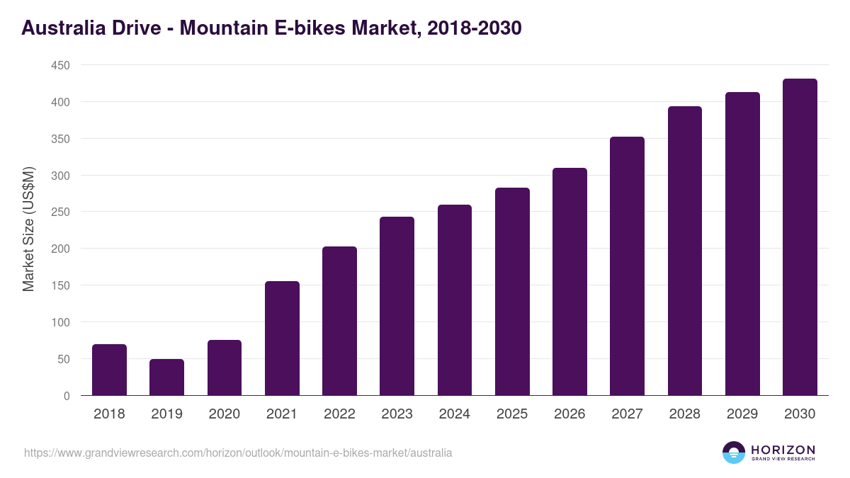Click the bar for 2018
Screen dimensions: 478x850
point(109,370)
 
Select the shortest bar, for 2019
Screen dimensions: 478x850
point(166,377)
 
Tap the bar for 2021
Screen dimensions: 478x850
point(282,338)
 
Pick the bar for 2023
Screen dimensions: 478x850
point(397,306)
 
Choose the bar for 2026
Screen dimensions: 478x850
point(569,282)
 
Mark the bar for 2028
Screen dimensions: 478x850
point(685,251)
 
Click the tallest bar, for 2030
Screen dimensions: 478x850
point(800,237)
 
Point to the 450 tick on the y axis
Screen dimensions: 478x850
point(60,66)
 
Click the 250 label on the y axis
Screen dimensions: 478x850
point(60,212)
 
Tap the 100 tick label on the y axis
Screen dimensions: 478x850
point(60,323)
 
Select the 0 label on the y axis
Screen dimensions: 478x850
point(67,397)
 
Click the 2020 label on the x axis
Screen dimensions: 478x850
point(224,414)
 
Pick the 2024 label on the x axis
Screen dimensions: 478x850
point(454,414)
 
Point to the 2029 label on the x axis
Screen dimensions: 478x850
point(742,414)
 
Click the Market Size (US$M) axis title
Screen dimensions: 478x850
point(28,230)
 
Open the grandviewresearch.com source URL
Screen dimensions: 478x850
point(238,453)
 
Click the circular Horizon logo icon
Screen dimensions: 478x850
point(734,453)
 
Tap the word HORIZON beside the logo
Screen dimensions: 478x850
point(783,449)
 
